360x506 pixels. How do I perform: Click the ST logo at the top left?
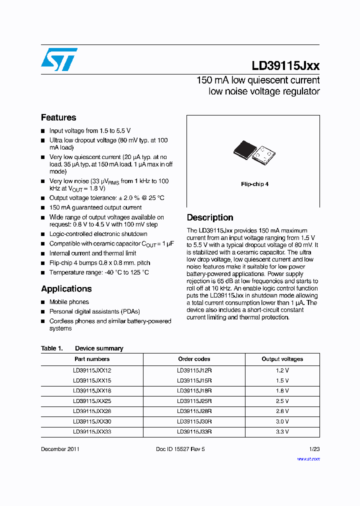[59, 59]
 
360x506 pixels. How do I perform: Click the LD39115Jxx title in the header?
[285, 65]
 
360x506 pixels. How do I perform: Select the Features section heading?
[58, 117]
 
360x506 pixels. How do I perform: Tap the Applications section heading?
[66, 289]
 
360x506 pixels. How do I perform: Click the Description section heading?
[210, 217]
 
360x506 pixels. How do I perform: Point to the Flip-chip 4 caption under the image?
[254, 184]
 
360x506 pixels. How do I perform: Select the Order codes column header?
[194, 359]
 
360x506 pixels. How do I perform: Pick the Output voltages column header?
[282, 359]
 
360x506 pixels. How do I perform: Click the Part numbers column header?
[92, 359]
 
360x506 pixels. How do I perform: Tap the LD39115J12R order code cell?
[194, 370]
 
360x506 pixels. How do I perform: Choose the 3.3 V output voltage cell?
[282, 431]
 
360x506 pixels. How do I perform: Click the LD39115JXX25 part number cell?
[92, 401]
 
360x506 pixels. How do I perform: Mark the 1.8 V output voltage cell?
[282, 390]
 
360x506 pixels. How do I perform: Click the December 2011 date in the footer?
[60, 449]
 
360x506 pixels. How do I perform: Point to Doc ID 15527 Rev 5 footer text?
[180, 449]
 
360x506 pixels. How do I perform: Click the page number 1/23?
[314, 449]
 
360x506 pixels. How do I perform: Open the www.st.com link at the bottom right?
[308, 458]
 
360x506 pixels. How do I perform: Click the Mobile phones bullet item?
[69, 302]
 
